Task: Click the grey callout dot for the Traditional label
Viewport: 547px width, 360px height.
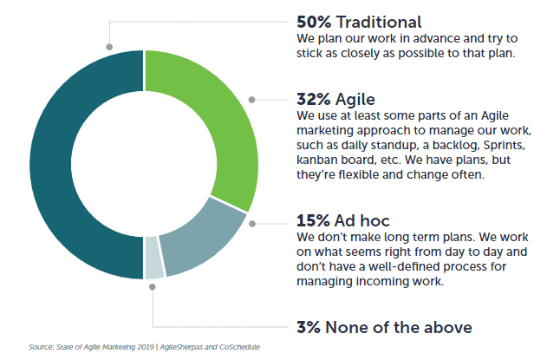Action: tap(109, 47)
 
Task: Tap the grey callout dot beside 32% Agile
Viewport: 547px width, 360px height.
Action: tap(251, 100)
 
